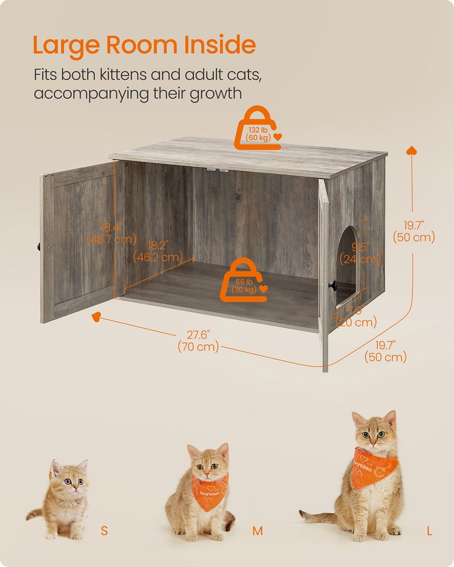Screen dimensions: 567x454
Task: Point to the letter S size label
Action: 104,531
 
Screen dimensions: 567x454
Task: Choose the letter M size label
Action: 258,531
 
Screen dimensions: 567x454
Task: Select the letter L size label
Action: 430,531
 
